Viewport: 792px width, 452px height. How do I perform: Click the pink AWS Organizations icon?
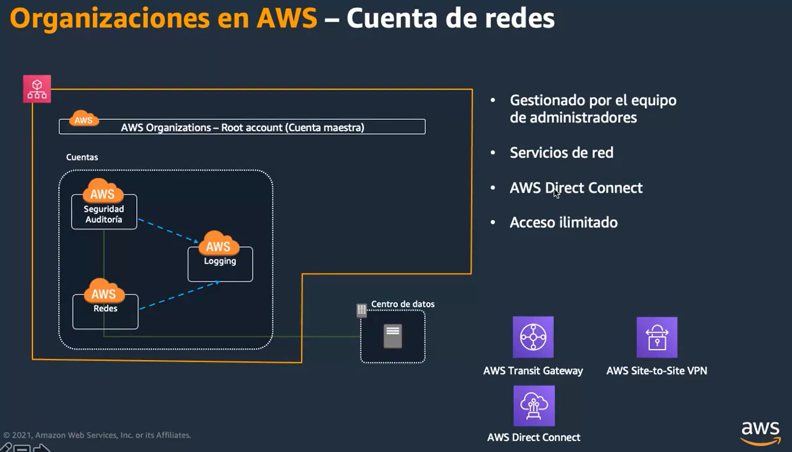pyautogui.click(x=37, y=89)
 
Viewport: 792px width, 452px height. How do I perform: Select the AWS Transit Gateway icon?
pyautogui.click(x=533, y=337)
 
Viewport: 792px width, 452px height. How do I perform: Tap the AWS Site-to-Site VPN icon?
pyautogui.click(x=657, y=337)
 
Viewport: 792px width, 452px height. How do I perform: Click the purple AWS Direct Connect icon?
pyautogui.click(x=534, y=406)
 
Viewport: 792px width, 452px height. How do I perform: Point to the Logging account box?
pyautogui.click(x=220, y=264)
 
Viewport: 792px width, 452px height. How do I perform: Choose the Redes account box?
pyautogui.click(x=105, y=312)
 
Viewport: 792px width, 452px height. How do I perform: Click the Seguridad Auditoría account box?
pyautogui.click(x=104, y=212)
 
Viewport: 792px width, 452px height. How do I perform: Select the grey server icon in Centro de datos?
pyautogui.click(x=393, y=336)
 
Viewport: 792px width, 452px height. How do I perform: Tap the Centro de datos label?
pyautogui.click(x=403, y=304)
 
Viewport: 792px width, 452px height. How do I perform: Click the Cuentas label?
pyautogui.click(x=82, y=157)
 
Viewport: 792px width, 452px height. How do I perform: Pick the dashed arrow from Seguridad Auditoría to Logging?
pyautogui.click(x=169, y=230)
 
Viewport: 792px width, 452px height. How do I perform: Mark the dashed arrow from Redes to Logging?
pyautogui.click(x=180, y=295)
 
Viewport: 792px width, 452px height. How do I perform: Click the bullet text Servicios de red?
pyautogui.click(x=561, y=153)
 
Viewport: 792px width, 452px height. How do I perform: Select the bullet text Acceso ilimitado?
pyautogui.click(x=564, y=222)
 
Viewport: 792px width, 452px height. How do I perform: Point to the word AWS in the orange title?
pyautogui.click(x=287, y=18)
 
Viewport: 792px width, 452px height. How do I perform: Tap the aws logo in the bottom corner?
pyautogui.click(x=760, y=433)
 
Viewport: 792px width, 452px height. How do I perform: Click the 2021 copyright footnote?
pyautogui.click(x=97, y=435)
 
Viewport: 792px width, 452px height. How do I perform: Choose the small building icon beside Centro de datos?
pyautogui.click(x=362, y=310)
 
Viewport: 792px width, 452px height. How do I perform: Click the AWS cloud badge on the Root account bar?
pyautogui.click(x=83, y=118)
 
